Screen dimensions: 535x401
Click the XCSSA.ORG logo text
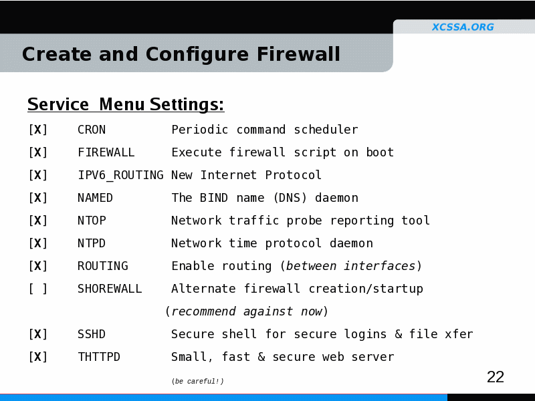(463, 27)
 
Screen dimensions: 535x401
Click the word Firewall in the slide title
(298, 54)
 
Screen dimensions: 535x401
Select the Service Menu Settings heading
(126, 104)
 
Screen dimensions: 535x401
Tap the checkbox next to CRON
(38, 130)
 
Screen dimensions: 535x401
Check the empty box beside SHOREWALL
(38, 289)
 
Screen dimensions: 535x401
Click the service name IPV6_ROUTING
(121, 175)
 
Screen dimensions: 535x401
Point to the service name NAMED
(95, 198)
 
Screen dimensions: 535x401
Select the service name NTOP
(92, 221)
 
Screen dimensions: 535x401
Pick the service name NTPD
(92, 243)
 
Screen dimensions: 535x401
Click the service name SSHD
(92, 334)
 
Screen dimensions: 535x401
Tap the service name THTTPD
(99, 357)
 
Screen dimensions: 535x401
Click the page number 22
(496, 377)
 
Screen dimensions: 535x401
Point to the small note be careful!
(197, 381)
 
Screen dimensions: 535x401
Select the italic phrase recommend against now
(247, 311)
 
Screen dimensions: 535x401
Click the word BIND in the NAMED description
(213, 198)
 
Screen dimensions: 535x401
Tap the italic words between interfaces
(350, 266)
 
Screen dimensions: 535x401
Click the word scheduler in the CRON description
(326, 130)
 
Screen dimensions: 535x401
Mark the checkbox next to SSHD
(38, 334)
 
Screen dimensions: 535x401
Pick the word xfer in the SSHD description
(459, 334)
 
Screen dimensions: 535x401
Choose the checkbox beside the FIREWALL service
(38, 152)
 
